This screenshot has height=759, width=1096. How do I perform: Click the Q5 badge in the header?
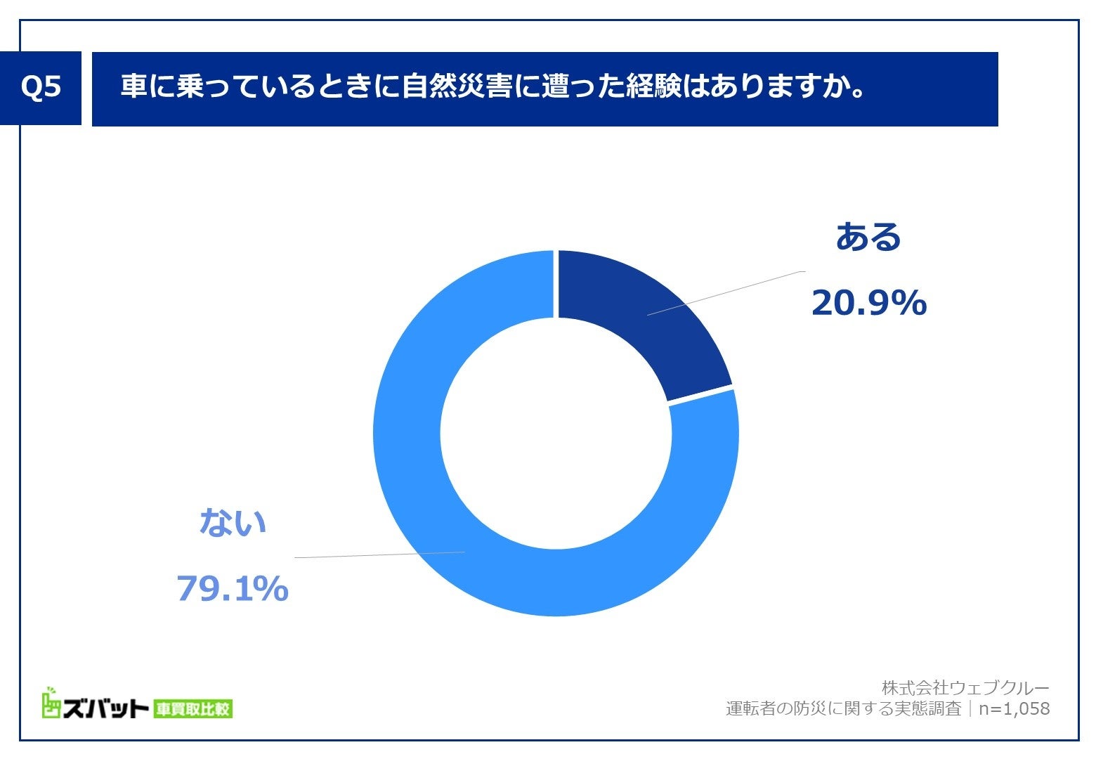click(x=41, y=88)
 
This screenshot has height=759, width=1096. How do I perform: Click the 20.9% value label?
click(x=869, y=303)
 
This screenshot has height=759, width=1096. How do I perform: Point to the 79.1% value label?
click(x=232, y=588)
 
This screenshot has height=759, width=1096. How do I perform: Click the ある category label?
click(x=868, y=237)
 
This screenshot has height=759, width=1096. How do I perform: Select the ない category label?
click(x=233, y=523)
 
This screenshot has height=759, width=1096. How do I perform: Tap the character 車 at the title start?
click(x=133, y=88)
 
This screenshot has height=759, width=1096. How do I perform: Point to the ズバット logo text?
click(x=105, y=709)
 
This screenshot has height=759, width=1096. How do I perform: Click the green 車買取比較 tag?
click(x=193, y=709)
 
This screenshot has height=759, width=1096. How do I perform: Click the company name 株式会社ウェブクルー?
click(x=965, y=687)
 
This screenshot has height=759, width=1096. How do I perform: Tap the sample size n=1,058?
click(x=1015, y=708)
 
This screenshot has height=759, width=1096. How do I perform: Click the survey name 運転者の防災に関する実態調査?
click(x=843, y=708)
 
